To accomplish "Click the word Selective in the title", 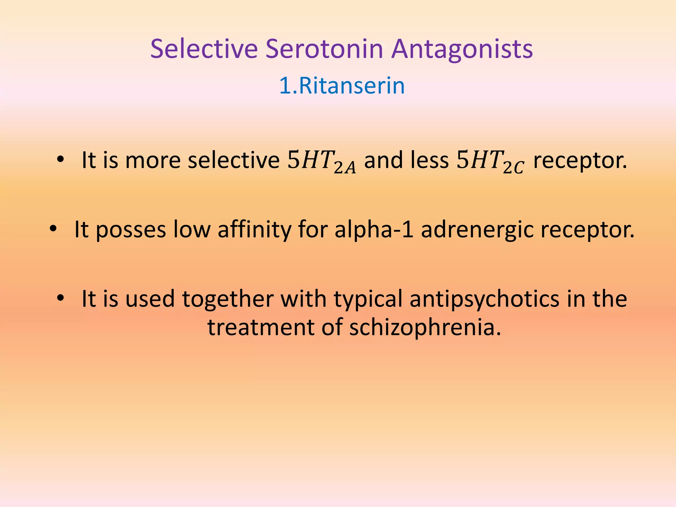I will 204,49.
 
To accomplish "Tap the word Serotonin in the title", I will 324,49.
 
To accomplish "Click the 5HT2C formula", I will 490,161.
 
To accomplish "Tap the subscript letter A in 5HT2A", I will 351,169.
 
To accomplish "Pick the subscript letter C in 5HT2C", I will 518,169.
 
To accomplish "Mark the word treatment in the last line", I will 261,327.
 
